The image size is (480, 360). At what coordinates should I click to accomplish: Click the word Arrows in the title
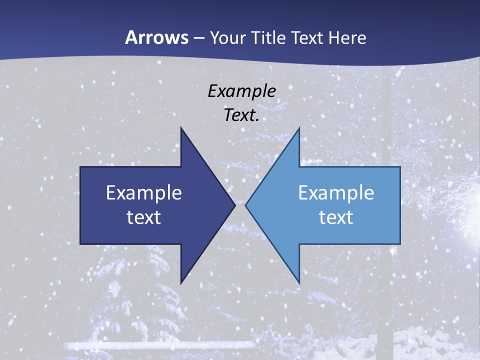point(156,37)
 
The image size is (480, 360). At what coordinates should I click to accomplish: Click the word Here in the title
point(347,37)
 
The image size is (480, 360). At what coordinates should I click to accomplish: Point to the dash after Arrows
point(198,38)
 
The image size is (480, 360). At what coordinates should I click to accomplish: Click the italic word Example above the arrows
point(241,91)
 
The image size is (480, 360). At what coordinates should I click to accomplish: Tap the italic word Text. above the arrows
point(241,115)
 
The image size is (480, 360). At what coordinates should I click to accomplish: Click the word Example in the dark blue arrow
point(143,192)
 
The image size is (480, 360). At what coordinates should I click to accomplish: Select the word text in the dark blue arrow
point(143,217)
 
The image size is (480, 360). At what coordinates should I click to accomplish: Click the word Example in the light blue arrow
point(336,192)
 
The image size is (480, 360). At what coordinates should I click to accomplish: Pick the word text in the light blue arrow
point(336,217)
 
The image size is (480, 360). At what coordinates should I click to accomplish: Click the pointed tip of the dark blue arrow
point(234,205)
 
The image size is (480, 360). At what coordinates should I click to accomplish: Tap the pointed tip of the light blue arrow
point(246,205)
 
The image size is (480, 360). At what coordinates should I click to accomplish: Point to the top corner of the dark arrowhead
point(181,129)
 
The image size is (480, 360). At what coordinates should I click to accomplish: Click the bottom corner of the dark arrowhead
point(181,282)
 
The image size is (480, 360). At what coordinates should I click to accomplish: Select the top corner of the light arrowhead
point(299,129)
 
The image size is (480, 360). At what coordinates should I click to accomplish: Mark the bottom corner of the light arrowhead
point(299,282)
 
